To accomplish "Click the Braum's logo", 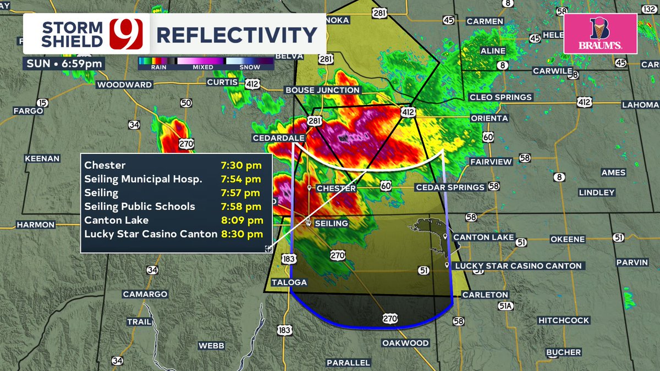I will tap(600, 34).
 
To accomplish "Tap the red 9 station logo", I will tap(126, 34).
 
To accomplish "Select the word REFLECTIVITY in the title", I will tap(237, 35).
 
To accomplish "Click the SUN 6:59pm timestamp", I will tap(65, 63).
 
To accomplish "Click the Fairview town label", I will tap(491, 162).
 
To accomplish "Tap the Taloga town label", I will tap(289, 283).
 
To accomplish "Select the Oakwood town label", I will tap(405, 343).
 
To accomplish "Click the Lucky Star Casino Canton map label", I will tap(518, 266).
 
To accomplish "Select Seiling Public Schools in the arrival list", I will tap(140, 207).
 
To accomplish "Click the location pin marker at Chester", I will tap(310, 187).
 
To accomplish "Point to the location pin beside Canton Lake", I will tap(446, 236).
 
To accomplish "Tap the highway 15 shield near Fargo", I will tap(43, 103).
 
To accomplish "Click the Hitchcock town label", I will tap(564, 320).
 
